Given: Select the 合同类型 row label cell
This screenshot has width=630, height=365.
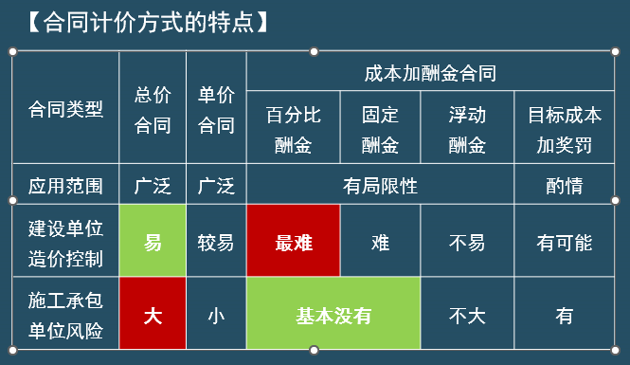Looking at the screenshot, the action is (66, 108).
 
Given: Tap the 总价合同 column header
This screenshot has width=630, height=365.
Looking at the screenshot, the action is (153, 108).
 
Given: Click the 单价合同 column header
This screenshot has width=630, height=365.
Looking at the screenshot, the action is (216, 108).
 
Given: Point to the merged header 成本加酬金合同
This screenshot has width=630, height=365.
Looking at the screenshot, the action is (430, 71).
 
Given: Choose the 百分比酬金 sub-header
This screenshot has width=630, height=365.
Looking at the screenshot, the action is (294, 127).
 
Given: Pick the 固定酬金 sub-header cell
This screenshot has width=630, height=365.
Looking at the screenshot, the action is (380, 127).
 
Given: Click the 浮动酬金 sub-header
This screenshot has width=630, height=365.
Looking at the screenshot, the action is (467, 127).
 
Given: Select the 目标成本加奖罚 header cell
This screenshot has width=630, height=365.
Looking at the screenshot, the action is (564, 127).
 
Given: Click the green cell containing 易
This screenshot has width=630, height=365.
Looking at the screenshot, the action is (153, 241).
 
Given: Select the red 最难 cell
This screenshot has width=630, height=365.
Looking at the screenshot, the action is (294, 241).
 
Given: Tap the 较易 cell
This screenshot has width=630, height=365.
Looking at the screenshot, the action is (216, 241).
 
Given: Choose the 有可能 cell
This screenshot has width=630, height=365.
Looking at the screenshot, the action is (564, 241).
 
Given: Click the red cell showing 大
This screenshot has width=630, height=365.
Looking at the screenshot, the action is (153, 313).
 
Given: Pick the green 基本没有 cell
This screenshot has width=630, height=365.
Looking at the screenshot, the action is (333, 313).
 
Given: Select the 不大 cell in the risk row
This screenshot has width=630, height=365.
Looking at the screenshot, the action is (467, 313).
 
